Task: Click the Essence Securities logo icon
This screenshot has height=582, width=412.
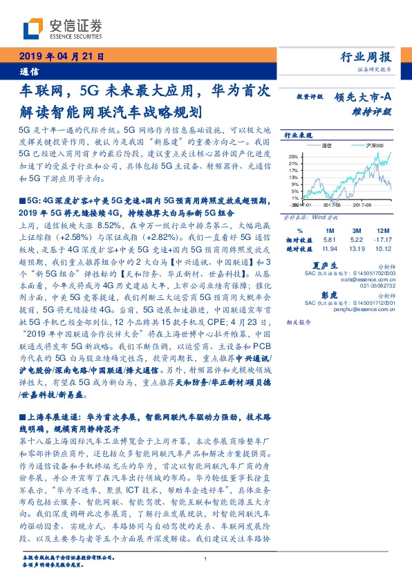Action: point(34,28)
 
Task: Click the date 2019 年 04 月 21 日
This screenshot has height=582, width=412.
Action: point(60,57)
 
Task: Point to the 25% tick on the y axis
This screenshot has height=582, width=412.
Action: point(294,156)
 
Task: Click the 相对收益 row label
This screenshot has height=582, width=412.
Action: point(296,240)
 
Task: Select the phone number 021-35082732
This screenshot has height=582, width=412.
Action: point(380,285)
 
